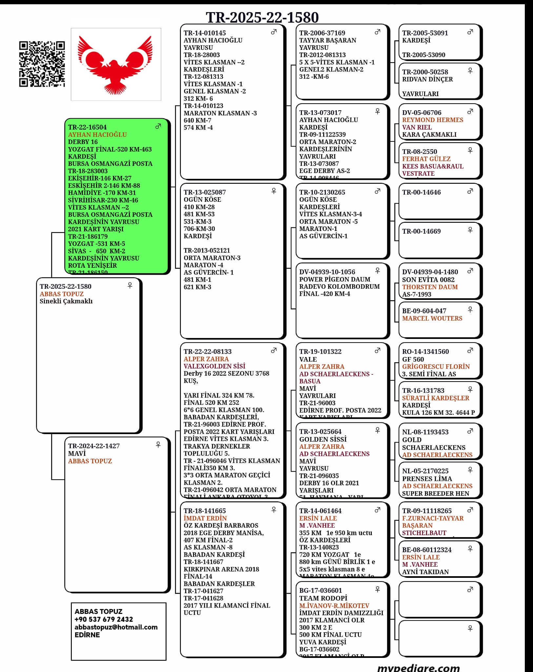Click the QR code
(x=42, y=64)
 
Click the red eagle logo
(x=115, y=64)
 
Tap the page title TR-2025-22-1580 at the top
(x=262, y=17)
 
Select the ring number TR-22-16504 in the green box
(x=87, y=127)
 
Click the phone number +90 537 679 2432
(x=104, y=619)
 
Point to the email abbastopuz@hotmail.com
(x=116, y=627)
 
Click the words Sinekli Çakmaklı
(x=66, y=301)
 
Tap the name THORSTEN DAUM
(x=430, y=287)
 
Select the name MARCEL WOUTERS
(x=432, y=318)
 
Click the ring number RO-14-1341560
(x=425, y=351)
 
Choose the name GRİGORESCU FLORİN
(x=436, y=367)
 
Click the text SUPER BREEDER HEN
(x=435, y=493)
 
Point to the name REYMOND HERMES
(x=432, y=120)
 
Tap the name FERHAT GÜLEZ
(x=426, y=159)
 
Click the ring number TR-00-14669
(x=421, y=231)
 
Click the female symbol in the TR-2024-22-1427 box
(x=158, y=445)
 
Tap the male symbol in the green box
(x=158, y=126)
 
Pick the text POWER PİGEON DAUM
(x=334, y=279)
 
